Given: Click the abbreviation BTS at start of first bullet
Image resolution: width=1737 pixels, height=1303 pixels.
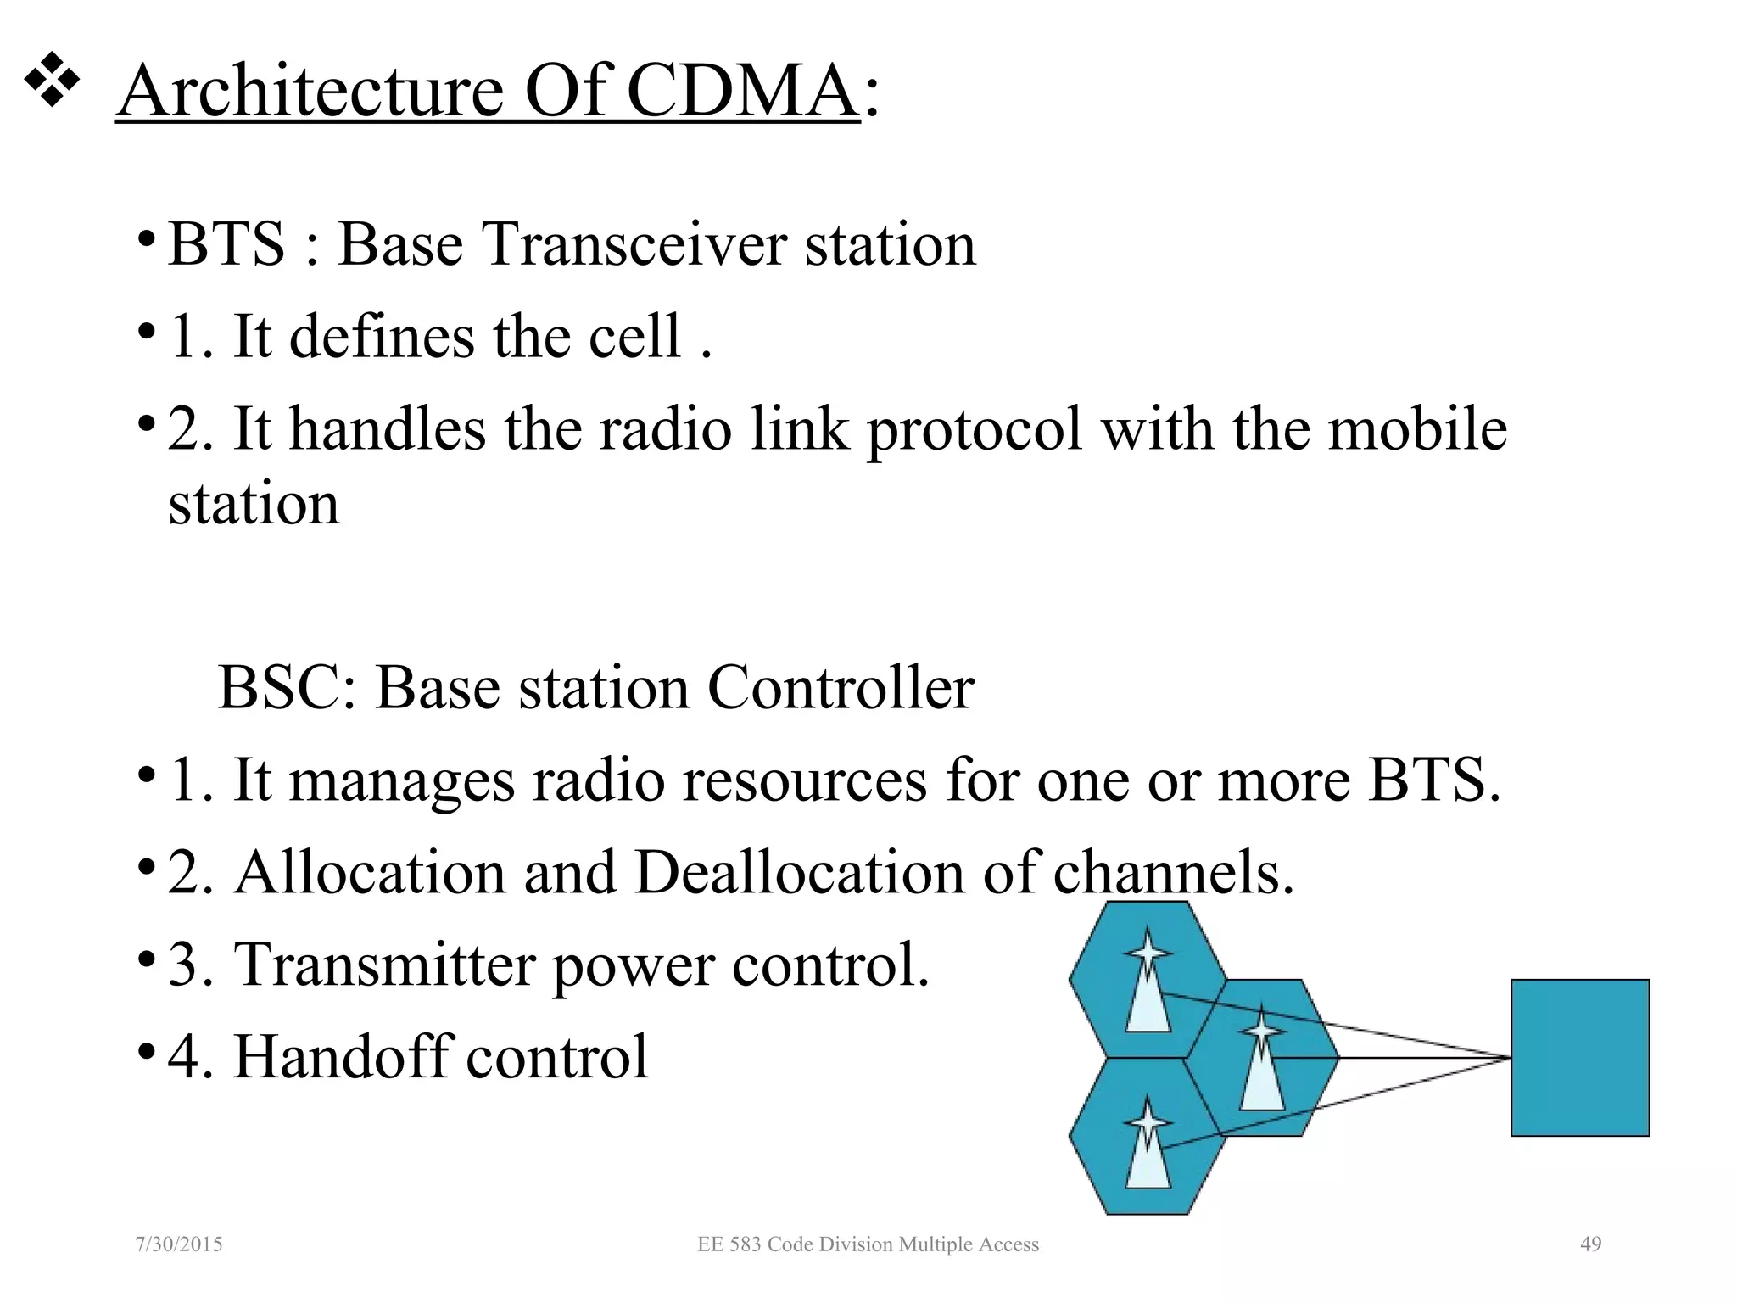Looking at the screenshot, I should coord(226,244).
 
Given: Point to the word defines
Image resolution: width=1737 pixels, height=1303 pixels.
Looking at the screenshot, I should coord(383,337).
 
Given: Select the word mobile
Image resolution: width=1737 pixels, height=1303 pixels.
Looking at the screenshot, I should coord(1416,429).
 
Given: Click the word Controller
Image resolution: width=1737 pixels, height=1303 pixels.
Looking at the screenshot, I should coord(841,687).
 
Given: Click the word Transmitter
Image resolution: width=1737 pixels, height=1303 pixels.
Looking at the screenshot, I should coord(385,965).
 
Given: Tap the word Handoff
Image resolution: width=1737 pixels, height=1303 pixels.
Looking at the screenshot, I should coord(343,1057).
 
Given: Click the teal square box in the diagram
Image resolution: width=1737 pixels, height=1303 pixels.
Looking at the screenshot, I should coord(1579,1057).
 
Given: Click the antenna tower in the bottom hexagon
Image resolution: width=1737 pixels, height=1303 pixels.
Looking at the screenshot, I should coord(1148,1145).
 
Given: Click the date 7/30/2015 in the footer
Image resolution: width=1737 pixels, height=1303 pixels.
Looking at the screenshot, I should coord(179,1244).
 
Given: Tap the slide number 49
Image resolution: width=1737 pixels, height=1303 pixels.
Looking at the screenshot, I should coord(1590,1244).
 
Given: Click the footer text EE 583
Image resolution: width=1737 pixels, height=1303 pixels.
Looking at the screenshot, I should coord(729,1244).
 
